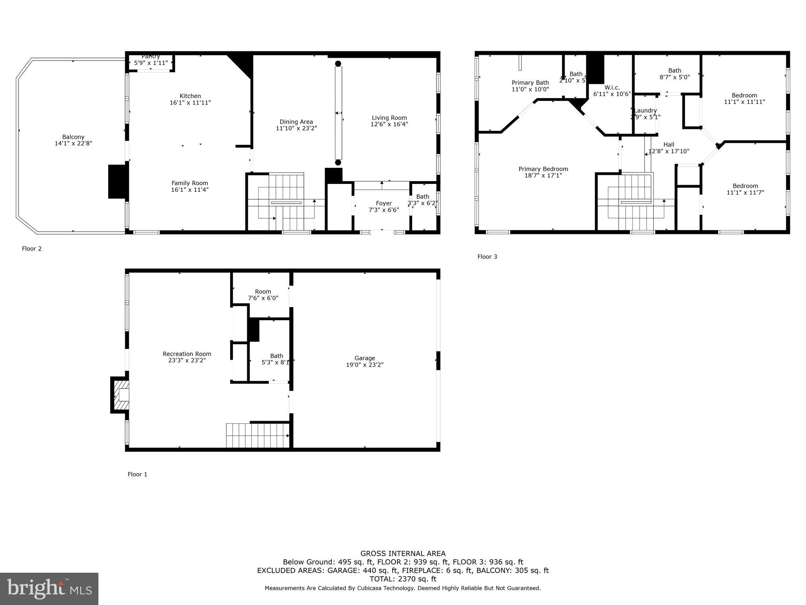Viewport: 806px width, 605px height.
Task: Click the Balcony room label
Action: point(73,137)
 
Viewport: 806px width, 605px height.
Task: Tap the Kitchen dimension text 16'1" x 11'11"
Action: point(190,103)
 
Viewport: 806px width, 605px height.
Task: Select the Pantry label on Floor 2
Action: point(151,57)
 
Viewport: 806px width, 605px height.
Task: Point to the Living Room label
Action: point(389,118)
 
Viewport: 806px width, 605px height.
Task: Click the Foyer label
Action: point(384,203)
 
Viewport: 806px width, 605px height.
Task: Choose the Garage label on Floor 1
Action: point(364,358)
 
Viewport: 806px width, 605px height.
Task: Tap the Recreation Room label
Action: point(187,354)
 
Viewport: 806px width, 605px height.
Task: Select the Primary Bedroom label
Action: point(543,169)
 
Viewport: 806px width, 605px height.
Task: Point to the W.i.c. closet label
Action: point(612,87)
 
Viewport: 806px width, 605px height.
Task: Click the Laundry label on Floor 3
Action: point(645,111)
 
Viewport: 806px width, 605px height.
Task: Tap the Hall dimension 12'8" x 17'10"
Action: point(669,151)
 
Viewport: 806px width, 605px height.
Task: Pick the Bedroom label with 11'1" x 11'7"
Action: point(745,186)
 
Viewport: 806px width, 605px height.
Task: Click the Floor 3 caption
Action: point(487,257)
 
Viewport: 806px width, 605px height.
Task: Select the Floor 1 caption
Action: point(137,474)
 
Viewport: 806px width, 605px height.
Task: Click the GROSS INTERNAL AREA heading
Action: point(403,553)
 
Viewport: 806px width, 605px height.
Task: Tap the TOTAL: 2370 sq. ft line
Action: point(403,579)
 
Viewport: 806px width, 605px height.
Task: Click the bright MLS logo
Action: point(49,589)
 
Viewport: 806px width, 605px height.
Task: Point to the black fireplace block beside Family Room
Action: point(118,182)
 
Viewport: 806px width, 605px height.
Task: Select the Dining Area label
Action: point(296,122)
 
